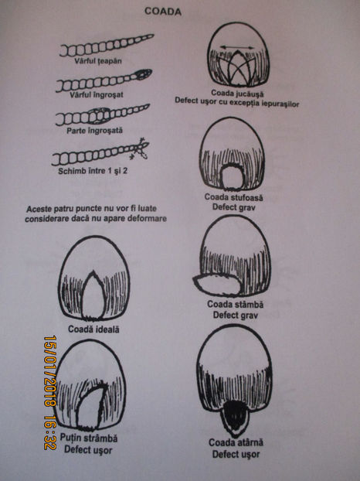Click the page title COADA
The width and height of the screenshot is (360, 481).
coord(163,12)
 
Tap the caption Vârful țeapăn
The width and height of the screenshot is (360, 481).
coord(98,61)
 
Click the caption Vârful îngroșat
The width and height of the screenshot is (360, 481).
coord(97,94)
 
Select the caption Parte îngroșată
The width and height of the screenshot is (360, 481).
coord(95,131)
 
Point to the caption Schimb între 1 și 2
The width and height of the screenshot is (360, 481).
coord(93,171)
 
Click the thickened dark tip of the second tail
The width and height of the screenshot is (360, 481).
coord(142,74)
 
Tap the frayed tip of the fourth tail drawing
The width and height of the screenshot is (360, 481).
coord(140,148)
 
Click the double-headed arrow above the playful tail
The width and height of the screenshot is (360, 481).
coord(237,47)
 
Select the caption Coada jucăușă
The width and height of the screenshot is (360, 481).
coord(237,93)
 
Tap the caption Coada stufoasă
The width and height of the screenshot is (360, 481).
coord(233,197)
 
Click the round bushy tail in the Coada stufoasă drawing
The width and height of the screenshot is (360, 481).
coord(232,177)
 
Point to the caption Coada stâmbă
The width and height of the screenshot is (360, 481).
coord(236,305)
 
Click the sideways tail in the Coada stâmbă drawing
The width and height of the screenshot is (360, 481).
coord(218,285)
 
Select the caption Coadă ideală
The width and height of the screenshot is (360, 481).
coord(93,329)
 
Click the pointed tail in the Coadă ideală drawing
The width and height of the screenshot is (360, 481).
coord(93,295)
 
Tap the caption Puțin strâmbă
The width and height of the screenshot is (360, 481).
coord(89,438)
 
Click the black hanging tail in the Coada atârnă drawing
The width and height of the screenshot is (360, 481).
coord(235,417)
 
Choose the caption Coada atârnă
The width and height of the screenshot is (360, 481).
coord(236,442)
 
